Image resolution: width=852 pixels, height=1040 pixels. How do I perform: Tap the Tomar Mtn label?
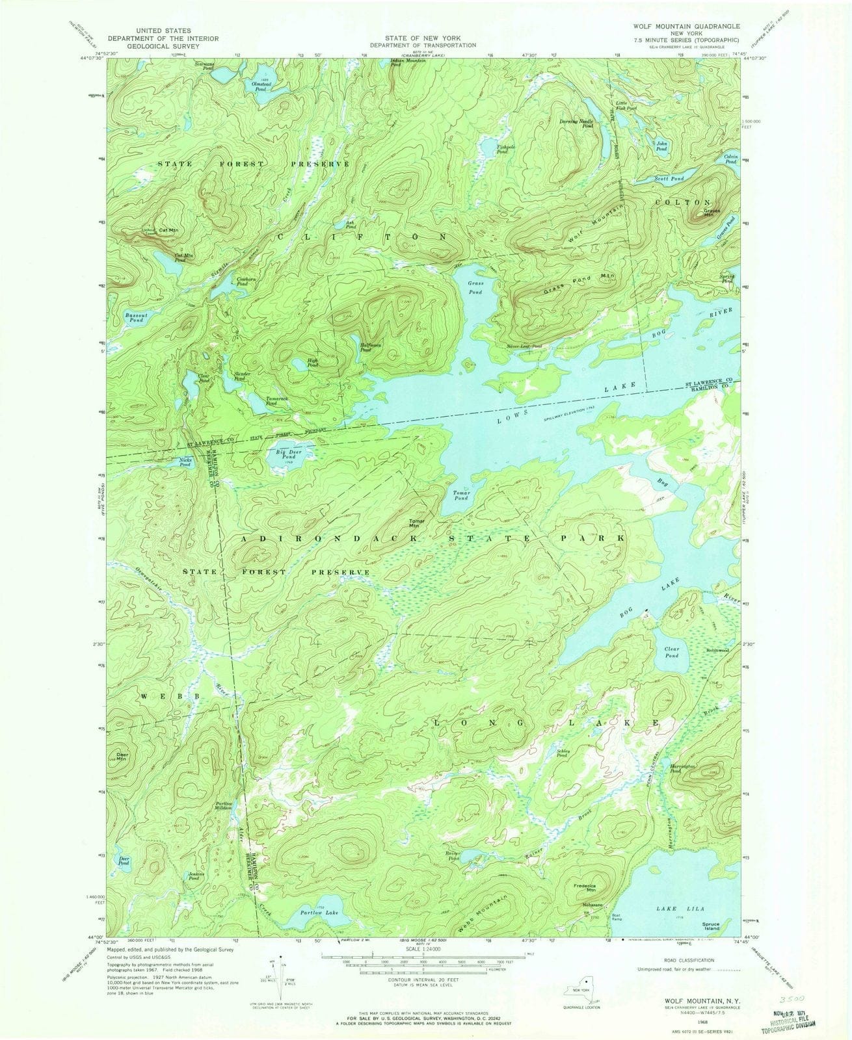coord(417,523)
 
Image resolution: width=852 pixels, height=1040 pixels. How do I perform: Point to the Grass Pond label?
coord(475,288)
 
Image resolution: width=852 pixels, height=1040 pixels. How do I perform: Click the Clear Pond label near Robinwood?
coord(671,652)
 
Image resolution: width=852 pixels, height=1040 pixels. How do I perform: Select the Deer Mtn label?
coord(122,757)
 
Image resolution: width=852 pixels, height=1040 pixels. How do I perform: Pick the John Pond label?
coord(661,146)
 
